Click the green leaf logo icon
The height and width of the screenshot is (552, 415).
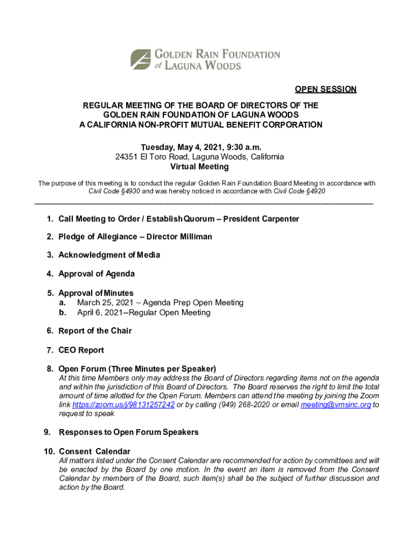coord(141,59)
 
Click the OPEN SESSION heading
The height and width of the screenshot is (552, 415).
coord(325,89)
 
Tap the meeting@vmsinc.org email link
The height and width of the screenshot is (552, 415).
coord(335,405)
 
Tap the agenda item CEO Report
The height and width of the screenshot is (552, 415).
coord(81,350)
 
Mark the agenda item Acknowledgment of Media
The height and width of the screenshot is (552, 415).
coord(109,254)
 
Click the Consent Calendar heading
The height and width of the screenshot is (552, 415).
coord(94,451)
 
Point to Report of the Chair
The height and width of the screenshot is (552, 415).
coord(95,330)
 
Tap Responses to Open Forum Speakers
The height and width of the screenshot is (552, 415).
coord(128,432)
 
